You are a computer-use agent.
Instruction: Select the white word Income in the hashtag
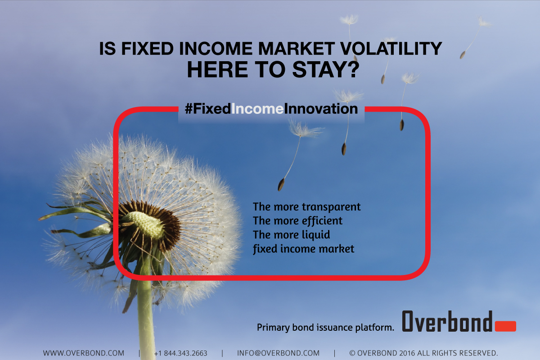tap(257, 109)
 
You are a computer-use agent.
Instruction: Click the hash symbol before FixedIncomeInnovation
tap(189, 109)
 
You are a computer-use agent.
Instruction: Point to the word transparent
tap(331, 207)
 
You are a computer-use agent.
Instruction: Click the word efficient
tap(322, 220)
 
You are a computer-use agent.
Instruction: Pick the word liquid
tap(316, 235)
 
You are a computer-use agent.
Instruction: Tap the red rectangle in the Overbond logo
tap(505, 326)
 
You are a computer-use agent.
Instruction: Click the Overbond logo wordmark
tap(447, 321)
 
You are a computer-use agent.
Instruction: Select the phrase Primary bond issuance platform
tap(325, 328)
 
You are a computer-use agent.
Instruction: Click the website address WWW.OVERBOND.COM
tap(84, 353)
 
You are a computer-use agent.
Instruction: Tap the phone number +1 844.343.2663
tap(180, 353)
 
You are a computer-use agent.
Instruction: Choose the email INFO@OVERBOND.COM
tap(279, 353)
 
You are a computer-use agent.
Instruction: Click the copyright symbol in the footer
tap(352, 353)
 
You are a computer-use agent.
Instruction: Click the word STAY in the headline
tap(318, 69)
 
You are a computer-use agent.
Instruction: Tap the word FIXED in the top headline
tap(147, 49)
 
